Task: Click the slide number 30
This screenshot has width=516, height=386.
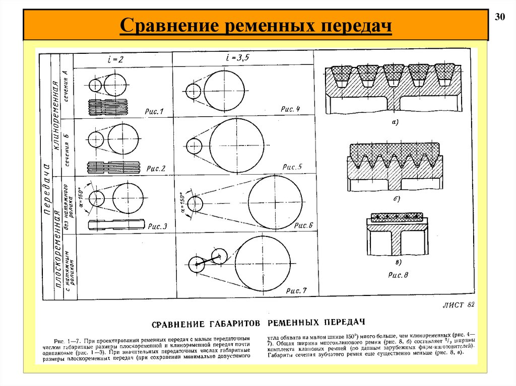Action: click(x=500, y=17)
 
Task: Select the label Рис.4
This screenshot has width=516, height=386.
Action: click(x=290, y=109)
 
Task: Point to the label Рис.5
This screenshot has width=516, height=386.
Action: click(x=292, y=167)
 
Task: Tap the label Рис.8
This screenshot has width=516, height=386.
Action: click(x=398, y=275)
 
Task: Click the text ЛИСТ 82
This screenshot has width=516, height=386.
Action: click(x=458, y=304)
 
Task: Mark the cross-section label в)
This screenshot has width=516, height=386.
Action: click(x=398, y=263)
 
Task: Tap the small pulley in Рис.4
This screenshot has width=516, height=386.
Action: click(x=192, y=92)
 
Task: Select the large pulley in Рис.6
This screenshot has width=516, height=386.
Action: click(x=276, y=202)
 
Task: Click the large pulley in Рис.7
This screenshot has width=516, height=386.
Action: click(x=263, y=263)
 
